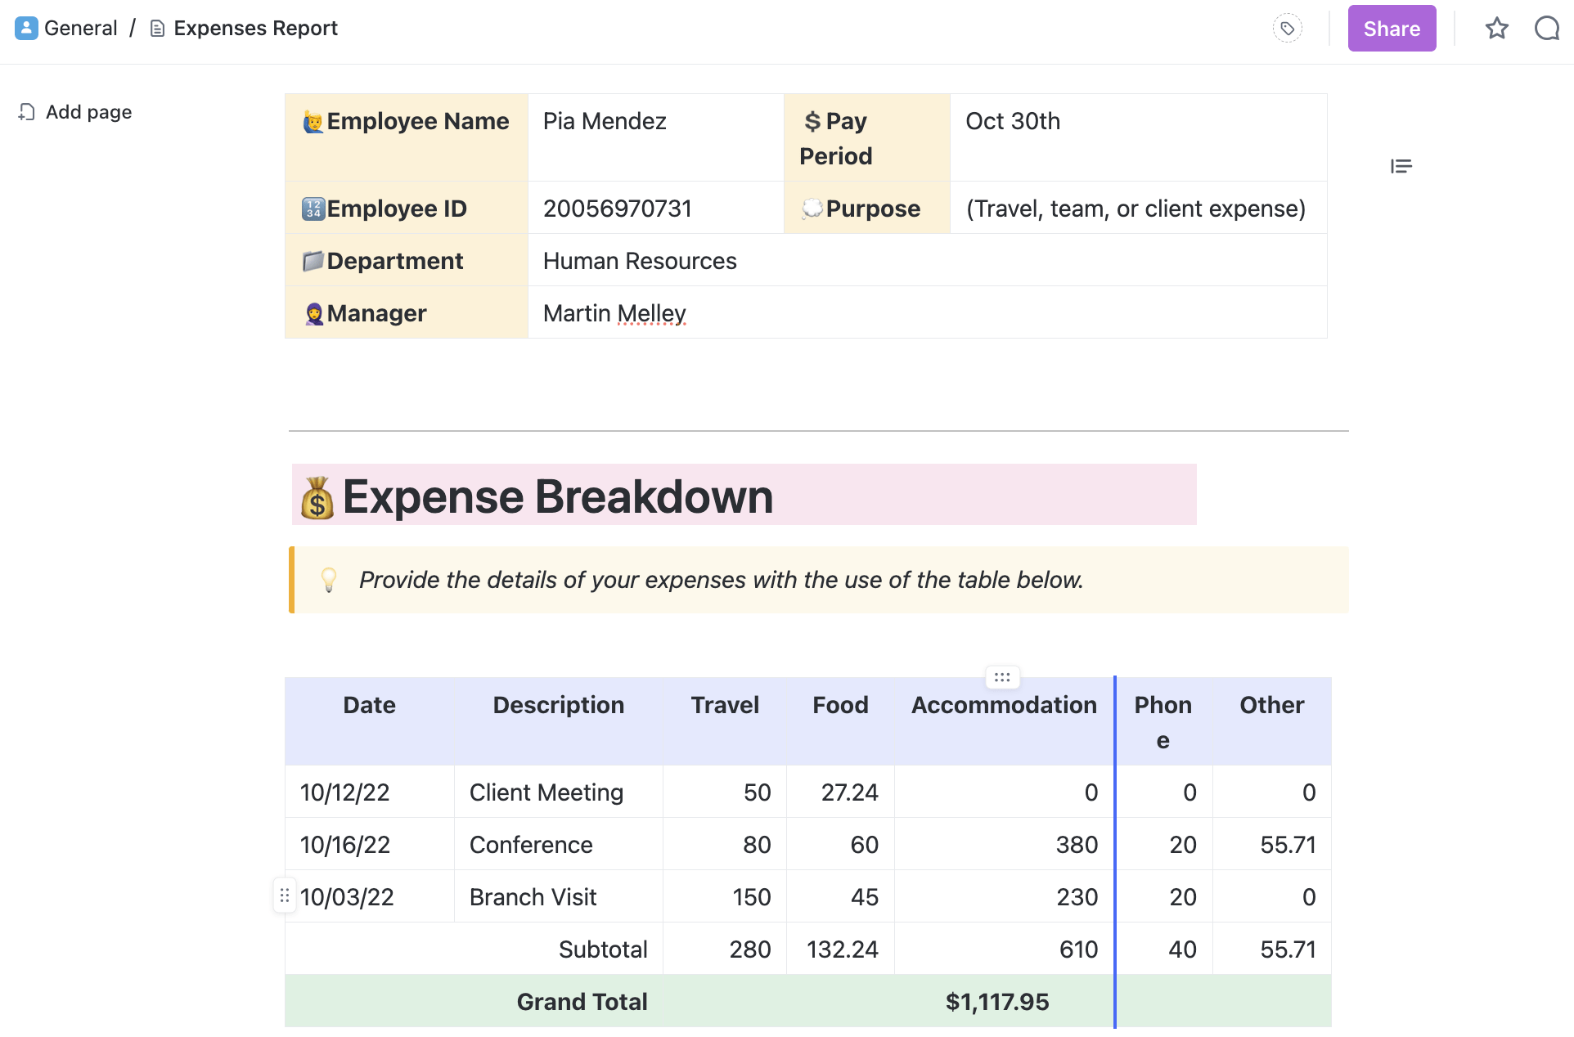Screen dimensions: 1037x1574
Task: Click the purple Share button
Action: click(1391, 29)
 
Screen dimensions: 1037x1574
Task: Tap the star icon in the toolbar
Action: click(1496, 29)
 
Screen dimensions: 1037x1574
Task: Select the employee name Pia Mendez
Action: click(605, 121)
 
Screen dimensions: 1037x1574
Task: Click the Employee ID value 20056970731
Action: click(617, 209)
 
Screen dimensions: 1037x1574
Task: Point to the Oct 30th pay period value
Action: click(1013, 121)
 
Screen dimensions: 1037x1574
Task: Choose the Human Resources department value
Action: click(640, 261)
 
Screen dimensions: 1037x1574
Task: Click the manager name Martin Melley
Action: click(614, 313)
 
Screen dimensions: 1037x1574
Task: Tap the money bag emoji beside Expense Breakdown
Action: click(317, 497)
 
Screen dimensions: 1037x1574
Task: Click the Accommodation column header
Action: click(1004, 705)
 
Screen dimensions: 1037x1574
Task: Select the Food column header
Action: click(840, 705)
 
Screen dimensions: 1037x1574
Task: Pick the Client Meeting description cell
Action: click(546, 792)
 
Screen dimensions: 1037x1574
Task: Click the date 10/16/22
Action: click(345, 845)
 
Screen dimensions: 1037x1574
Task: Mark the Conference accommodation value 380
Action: click(1077, 845)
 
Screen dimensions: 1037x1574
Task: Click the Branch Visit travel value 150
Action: click(752, 897)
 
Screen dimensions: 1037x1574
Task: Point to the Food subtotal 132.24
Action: click(842, 949)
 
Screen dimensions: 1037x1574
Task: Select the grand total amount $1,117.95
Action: click(997, 1002)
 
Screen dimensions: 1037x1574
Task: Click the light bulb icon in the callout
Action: click(329, 580)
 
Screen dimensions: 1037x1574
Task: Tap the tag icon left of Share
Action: click(1287, 29)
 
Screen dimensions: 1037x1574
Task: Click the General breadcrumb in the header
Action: click(80, 29)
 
